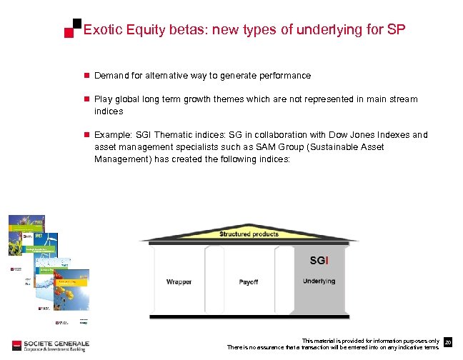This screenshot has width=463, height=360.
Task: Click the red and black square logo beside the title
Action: (72, 29)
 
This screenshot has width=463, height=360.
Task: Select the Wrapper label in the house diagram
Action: (179, 281)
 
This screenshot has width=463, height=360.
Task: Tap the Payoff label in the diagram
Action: (249, 281)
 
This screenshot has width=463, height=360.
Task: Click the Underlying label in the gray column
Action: (319, 281)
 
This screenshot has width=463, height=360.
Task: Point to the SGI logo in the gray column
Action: (319, 260)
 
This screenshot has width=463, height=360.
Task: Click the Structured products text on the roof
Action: (249, 234)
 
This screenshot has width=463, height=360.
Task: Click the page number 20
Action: (448, 344)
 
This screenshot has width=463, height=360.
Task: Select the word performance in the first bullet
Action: (285, 75)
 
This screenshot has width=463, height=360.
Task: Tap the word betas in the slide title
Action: (184, 30)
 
